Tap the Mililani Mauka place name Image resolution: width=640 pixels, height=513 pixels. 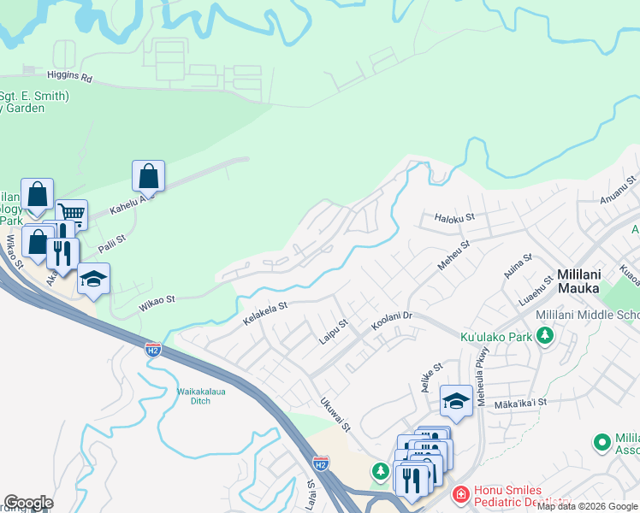[x=582, y=282]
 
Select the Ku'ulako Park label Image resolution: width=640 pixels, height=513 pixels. [x=497, y=336]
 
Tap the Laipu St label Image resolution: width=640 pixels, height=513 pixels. [x=333, y=331]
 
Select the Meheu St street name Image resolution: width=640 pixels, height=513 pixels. [x=453, y=254]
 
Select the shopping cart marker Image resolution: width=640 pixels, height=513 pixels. [x=72, y=214]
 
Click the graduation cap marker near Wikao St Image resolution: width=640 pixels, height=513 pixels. [x=94, y=279]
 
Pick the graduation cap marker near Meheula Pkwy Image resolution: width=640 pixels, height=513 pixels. [x=457, y=400]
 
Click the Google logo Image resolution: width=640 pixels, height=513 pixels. [x=28, y=503]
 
